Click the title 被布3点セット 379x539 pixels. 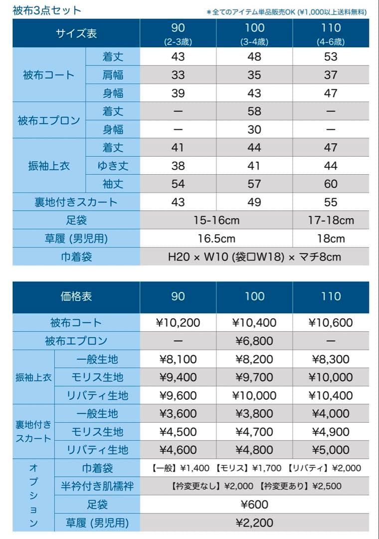point(47,10)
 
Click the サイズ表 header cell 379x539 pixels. point(76,33)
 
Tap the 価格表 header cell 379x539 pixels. point(76,296)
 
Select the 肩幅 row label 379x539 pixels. point(113,75)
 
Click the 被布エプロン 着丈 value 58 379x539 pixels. point(254,111)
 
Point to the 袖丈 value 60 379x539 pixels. point(331,184)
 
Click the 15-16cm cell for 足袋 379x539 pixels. point(216,220)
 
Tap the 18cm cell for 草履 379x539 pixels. point(331,238)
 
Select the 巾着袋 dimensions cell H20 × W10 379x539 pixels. point(254,257)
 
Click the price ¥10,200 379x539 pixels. point(178,323)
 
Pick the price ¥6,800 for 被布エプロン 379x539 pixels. point(254,341)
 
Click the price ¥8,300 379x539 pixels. point(331,359)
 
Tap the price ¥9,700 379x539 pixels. point(254,377)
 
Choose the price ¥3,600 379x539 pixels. point(178,414)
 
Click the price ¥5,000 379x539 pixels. point(331,450)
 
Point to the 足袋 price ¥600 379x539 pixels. point(254,505)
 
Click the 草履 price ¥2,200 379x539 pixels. point(254,523)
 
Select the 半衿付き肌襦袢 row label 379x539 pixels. point(97,486)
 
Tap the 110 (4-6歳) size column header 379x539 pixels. point(331,33)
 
